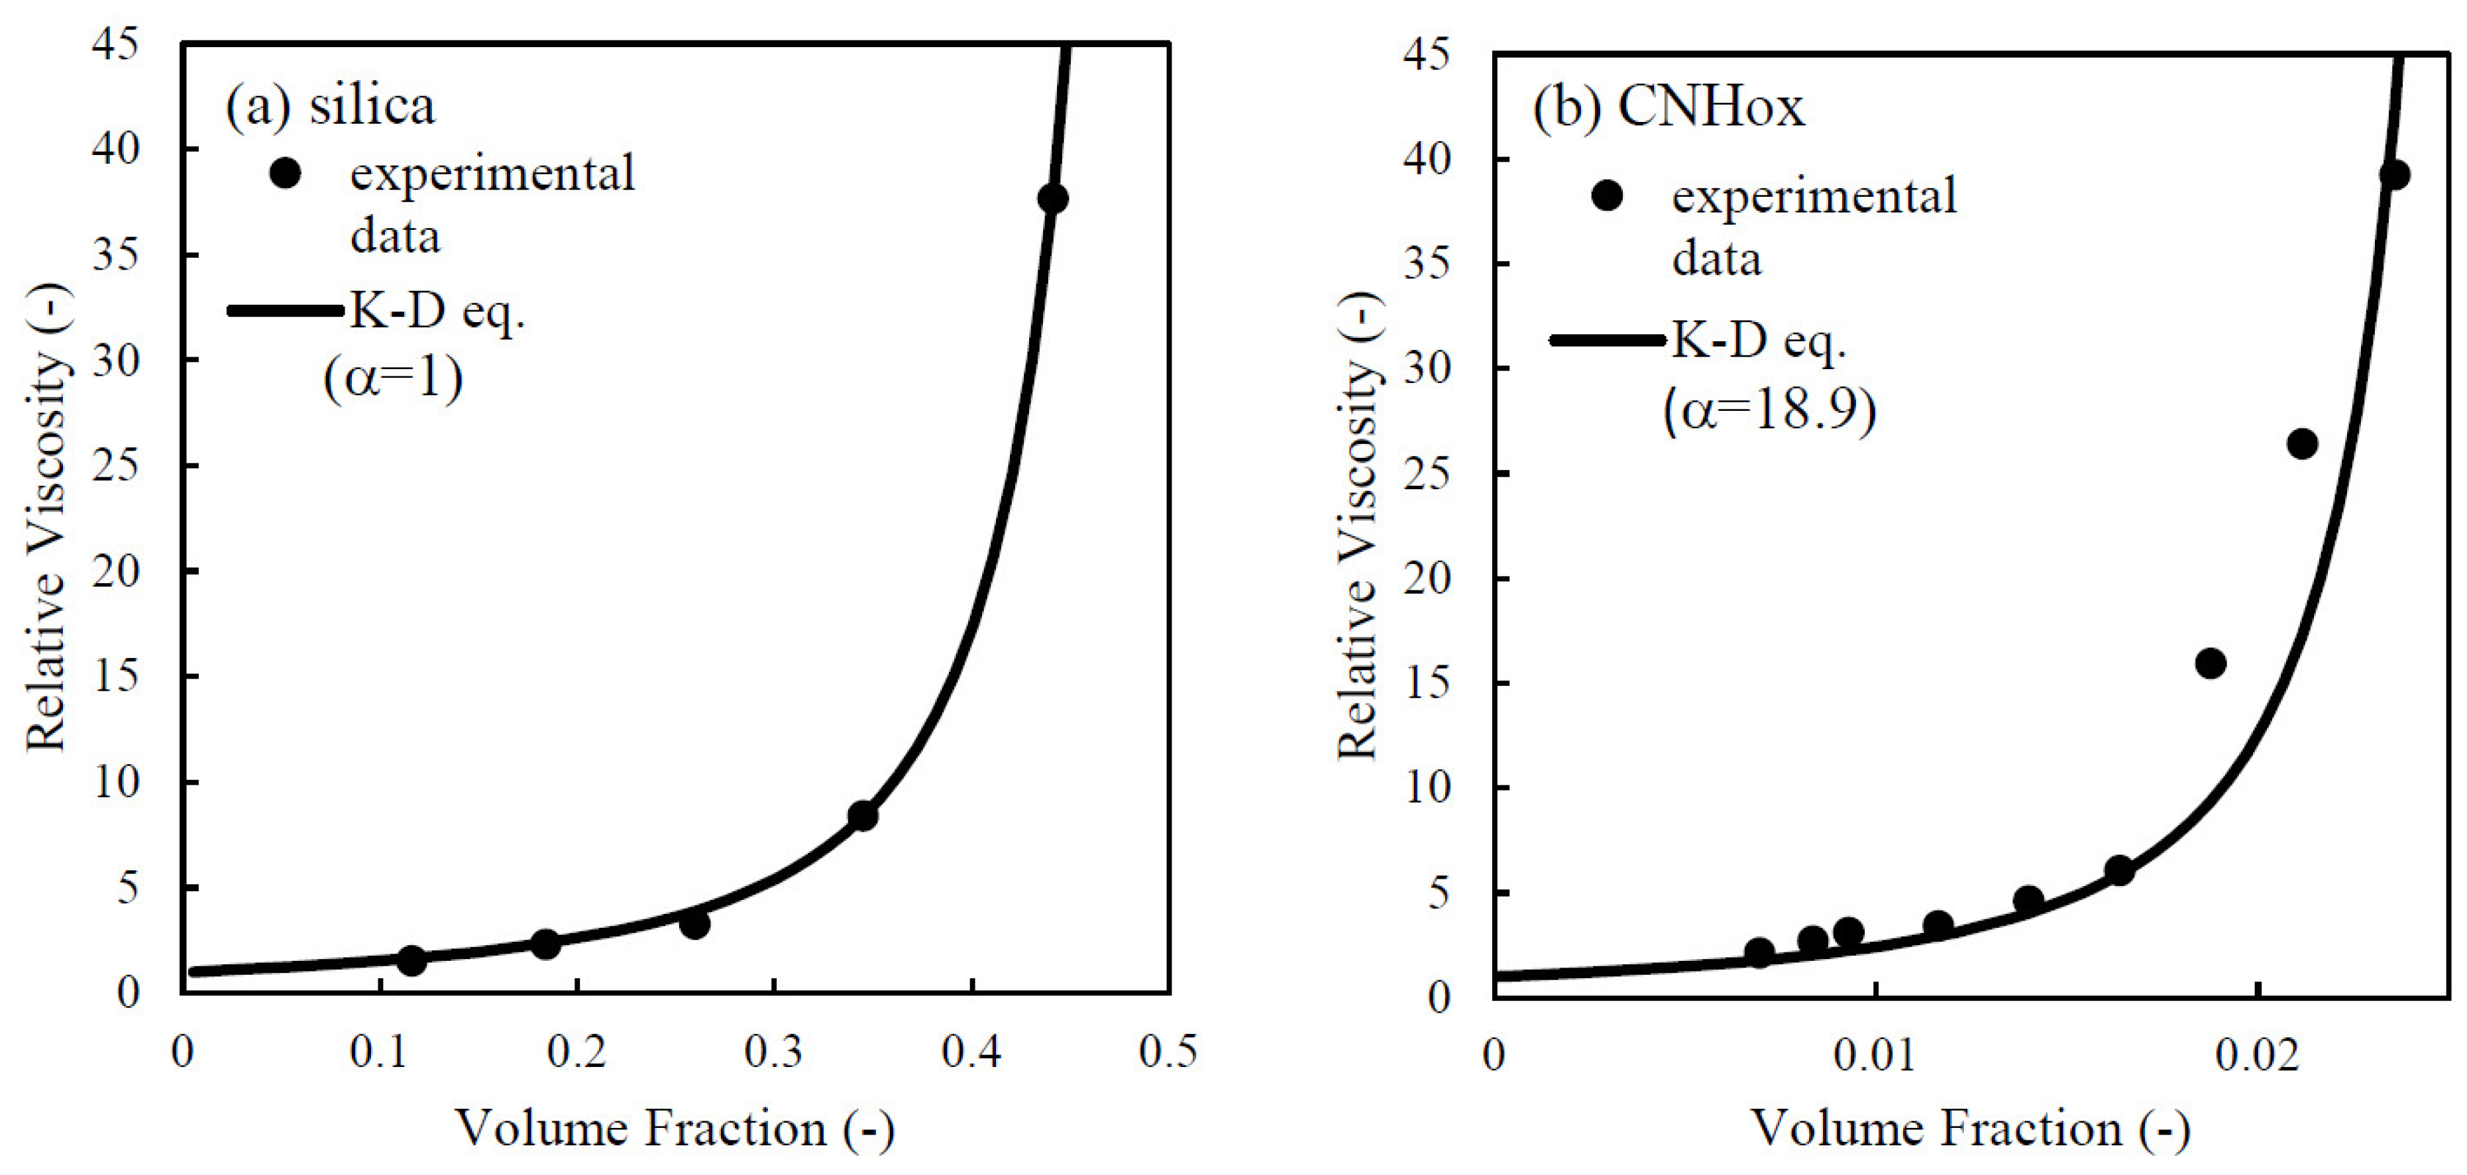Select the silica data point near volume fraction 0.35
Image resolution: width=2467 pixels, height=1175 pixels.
pyautogui.click(x=863, y=816)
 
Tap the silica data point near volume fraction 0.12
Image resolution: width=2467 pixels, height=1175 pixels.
pyautogui.click(x=411, y=960)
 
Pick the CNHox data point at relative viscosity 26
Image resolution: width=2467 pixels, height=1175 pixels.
pyautogui.click(x=2302, y=443)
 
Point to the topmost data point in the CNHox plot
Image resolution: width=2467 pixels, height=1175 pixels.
pyautogui.click(x=2393, y=174)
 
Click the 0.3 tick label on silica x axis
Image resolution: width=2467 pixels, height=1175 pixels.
pyautogui.click(x=774, y=1052)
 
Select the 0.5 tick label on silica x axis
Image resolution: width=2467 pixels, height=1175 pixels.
pyautogui.click(x=1168, y=1052)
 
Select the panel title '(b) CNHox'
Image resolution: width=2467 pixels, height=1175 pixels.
pyautogui.click(x=1669, y=107)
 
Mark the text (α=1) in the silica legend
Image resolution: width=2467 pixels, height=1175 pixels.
pyautogui.click(x=394, y=378)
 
